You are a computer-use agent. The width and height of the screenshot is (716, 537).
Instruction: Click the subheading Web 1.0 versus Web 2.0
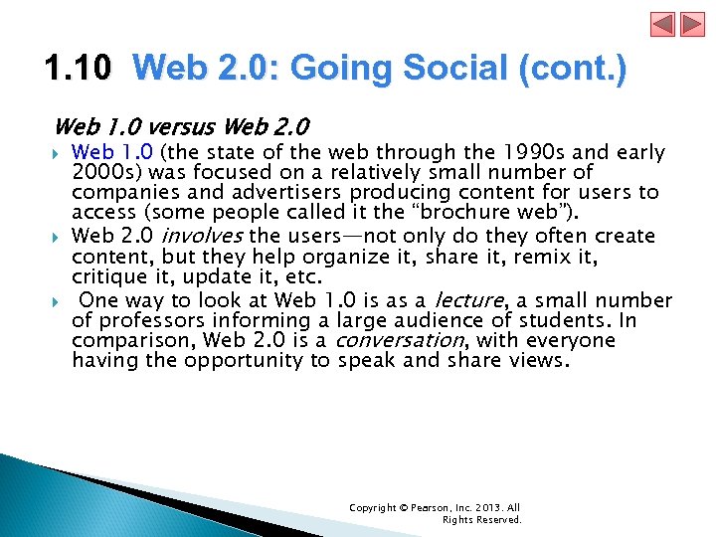tap(181, 127)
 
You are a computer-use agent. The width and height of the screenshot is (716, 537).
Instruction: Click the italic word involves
tap(202, 237)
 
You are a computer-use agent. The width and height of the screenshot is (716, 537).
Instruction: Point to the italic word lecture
tap(467, 300)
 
